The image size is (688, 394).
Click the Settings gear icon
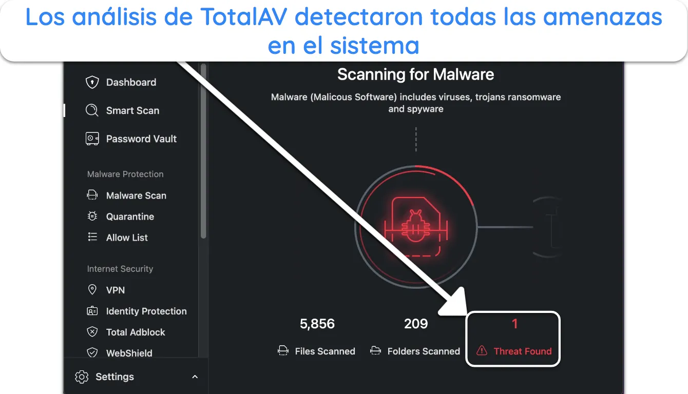(x=82, y=377)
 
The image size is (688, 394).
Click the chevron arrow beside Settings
(x=195, y=377)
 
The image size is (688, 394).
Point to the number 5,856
(x=317, y=324)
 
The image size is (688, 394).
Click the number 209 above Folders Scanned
(x=416, y=324)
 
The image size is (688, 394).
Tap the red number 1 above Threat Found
(x=515, y=324)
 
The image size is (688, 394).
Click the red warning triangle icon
(x=482, y=350)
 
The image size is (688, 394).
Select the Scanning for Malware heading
(x=415, y=74)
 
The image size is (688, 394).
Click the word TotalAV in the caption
(x=244, y=16)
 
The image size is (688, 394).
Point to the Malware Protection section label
(x=125, y=174)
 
